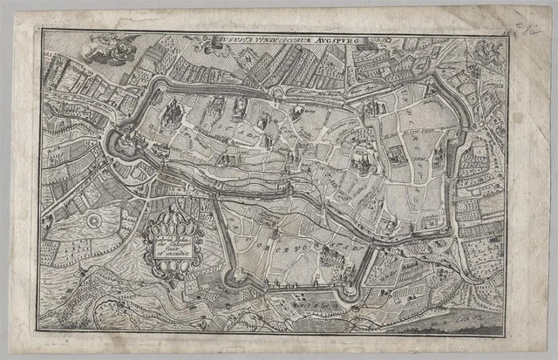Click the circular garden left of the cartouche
[x=92, y=225]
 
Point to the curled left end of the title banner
[x=210, y=39]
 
